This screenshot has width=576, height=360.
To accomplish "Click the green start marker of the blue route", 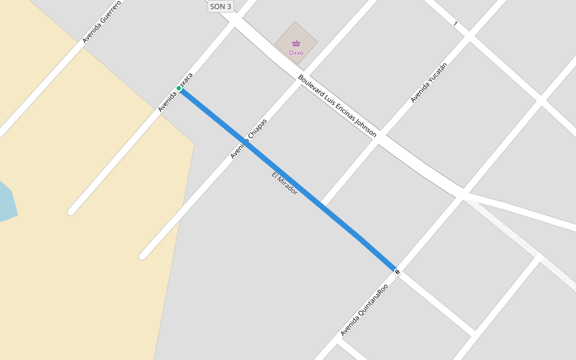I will pos(179,89).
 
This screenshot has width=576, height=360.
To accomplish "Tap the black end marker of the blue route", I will pos(397,272).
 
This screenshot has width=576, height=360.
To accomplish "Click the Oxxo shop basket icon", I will pos(296,43).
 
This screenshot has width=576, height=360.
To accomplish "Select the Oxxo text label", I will pos(296,53).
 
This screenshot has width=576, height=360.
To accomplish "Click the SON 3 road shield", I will pos(220,7).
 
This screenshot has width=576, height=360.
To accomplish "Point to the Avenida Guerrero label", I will pos(101,22).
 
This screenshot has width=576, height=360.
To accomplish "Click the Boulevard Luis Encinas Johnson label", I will pos(337,106).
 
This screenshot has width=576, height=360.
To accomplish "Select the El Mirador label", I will pos(284,183).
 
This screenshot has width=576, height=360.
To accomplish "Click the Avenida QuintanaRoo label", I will pos(364,310).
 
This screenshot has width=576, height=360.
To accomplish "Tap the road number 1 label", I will pos(455,24).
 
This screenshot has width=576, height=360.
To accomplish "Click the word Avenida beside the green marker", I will pos(167,103).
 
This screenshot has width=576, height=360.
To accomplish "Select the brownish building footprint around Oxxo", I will pos(306,36).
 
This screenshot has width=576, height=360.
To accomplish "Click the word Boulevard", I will pos(311,86).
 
